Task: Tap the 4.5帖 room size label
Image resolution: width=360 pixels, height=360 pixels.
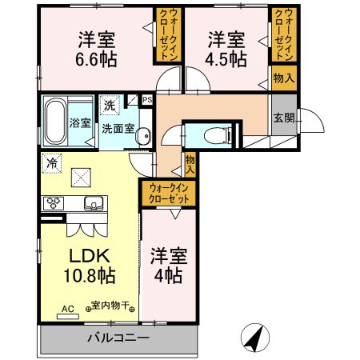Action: (226, 58)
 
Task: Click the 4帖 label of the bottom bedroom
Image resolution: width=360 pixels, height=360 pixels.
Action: (169, 276)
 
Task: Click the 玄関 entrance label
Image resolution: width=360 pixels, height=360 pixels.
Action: (283, 118)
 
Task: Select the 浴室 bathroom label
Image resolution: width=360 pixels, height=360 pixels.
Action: (79, 122)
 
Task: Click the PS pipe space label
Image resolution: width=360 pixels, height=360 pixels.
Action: (147, 100)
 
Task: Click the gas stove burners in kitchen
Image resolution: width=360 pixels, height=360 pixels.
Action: (54, 201)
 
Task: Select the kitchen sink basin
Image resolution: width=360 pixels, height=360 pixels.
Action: (91, 202)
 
